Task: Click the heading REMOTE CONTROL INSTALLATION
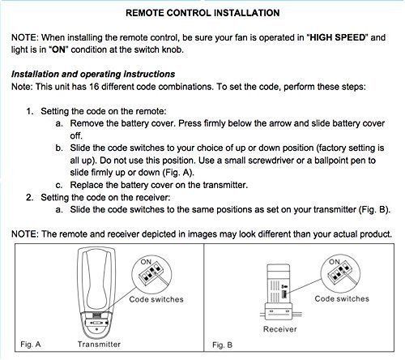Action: point(203,13)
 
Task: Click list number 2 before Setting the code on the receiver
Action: point(30,196)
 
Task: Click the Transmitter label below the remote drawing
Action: point(99,345)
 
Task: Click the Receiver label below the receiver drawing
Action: point(279,330)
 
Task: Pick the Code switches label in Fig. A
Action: point(156,299)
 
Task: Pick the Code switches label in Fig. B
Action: point(341,298)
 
